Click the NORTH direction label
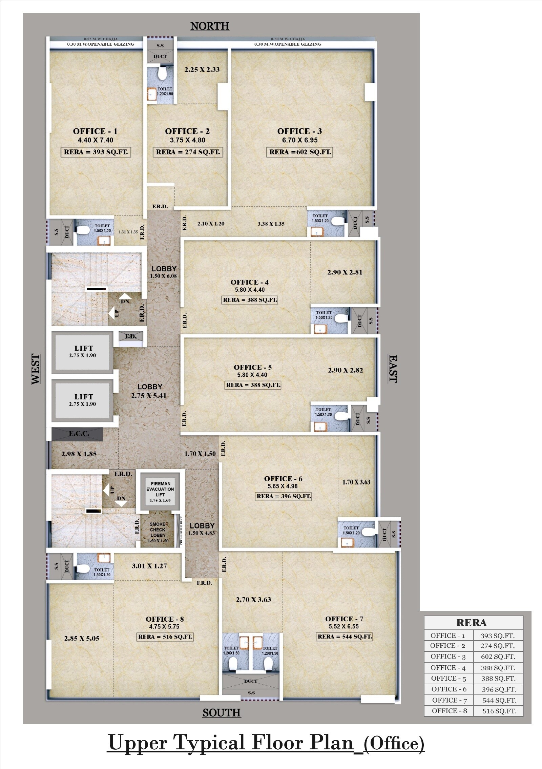(210, 26)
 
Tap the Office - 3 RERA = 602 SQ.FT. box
(300, 152)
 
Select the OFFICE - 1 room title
(95, 131)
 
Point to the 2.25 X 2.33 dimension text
(202, 70)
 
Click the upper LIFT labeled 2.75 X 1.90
(82, 352)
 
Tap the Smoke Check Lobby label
(158, 532)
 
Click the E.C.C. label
(79, 434)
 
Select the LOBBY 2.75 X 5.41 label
(149, 391)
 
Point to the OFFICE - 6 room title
(283, 479)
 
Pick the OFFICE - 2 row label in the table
(447, 646)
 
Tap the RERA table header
(472, 623)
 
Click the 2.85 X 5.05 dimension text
(82, 639)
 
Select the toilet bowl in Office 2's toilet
(162, 74)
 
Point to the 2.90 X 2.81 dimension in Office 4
(345, 272)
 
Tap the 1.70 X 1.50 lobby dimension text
(200, 454)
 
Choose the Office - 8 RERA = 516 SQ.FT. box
(165, 637)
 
